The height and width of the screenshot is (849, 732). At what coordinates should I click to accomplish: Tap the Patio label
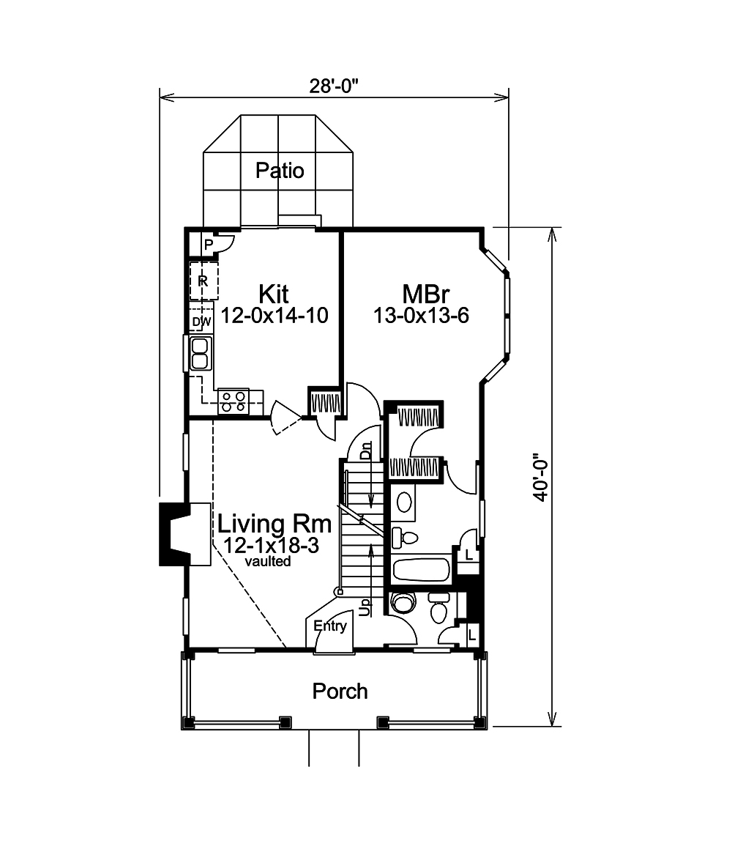(x=280, y=171)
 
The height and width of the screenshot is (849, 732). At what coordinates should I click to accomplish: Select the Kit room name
(x=273, y=294)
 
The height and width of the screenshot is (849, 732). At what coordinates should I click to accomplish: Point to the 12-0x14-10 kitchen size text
(x=273, y=315)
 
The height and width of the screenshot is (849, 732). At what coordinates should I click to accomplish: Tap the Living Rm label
(x=274, y=524)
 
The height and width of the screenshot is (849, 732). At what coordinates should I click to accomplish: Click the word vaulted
(x=269, y=562)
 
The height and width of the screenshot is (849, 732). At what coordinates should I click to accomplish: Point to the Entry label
(x=329, y=626)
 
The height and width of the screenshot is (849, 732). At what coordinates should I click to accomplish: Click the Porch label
(x=340, y=691)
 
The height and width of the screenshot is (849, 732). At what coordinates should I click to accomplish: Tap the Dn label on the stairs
(x=367, y=450)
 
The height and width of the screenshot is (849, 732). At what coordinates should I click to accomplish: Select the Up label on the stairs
(x=366, y=607)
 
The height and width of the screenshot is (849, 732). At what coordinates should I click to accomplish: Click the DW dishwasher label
(x=201, y=322)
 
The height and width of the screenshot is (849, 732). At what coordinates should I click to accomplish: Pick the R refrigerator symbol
(x=203, y=281)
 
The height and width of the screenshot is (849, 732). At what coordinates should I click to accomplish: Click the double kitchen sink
(x=199, y=353)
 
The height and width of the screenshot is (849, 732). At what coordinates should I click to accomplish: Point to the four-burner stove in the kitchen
(x=234, y=399)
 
